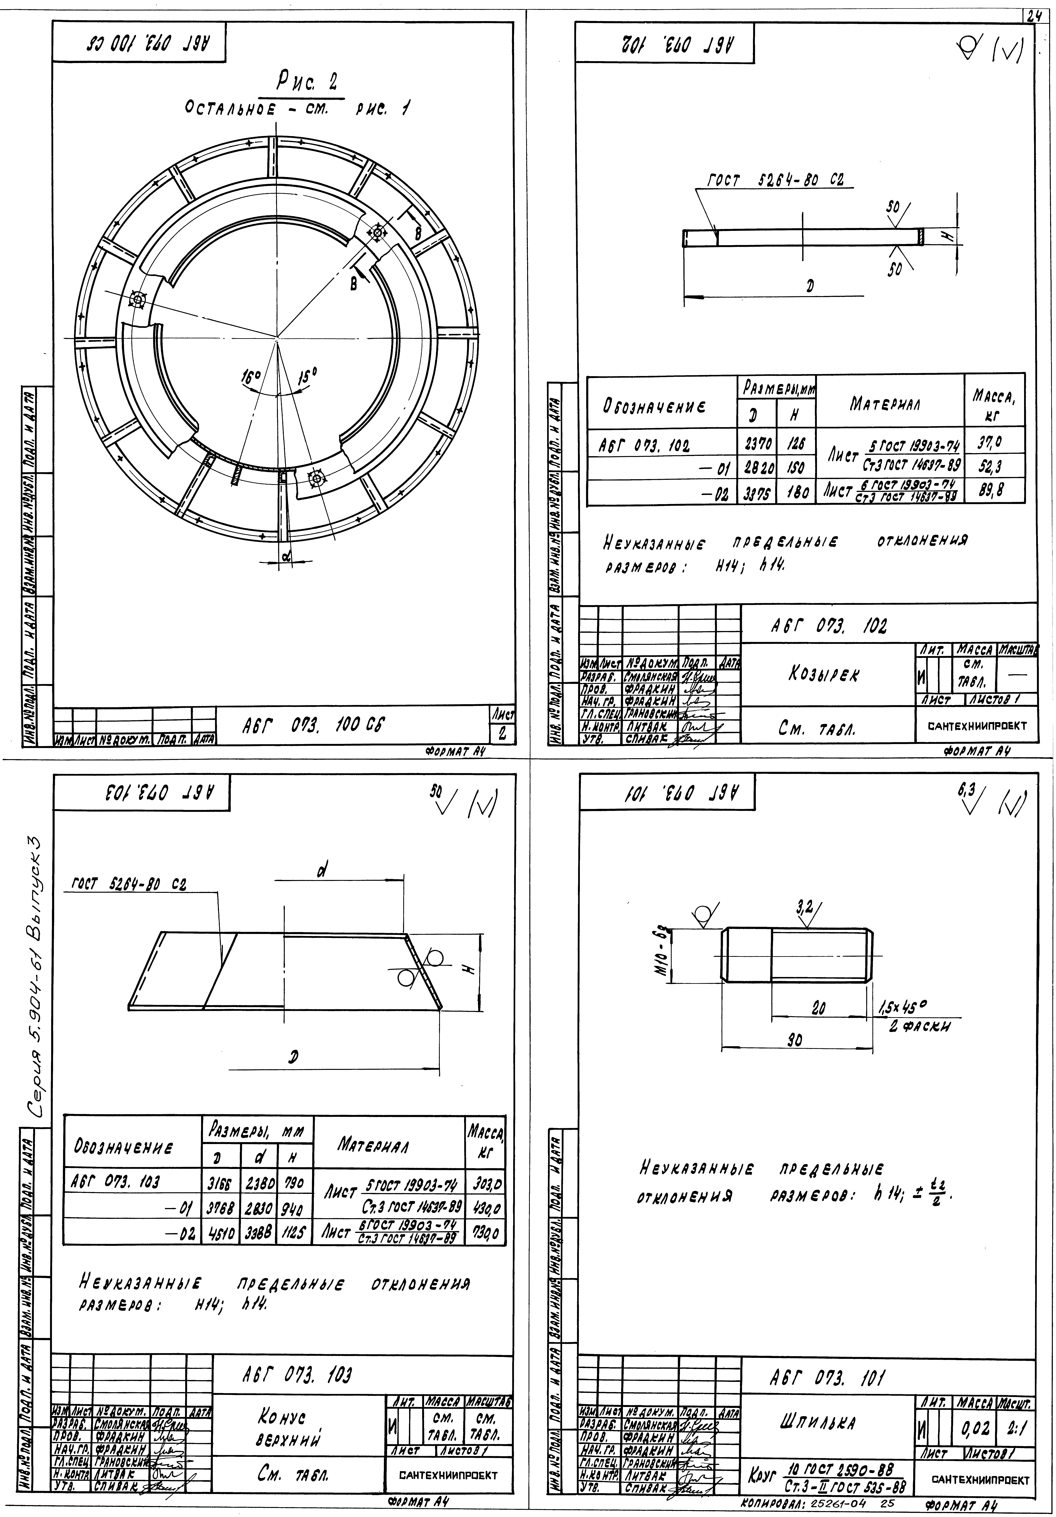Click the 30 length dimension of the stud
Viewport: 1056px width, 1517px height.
tap(796, 1039)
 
